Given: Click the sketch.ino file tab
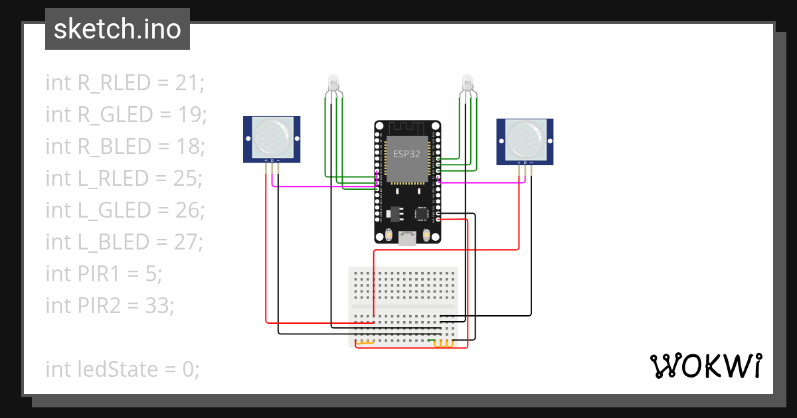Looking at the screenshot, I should pos(117,29).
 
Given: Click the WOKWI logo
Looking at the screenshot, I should pos(705,366).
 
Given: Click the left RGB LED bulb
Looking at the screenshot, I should pos(333,84).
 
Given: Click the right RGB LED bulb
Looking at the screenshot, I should pos(467,84).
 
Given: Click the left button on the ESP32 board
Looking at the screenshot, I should pos(388,235).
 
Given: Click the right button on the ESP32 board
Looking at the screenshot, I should pos(426,235).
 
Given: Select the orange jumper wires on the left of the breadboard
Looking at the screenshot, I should pos(365,342).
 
